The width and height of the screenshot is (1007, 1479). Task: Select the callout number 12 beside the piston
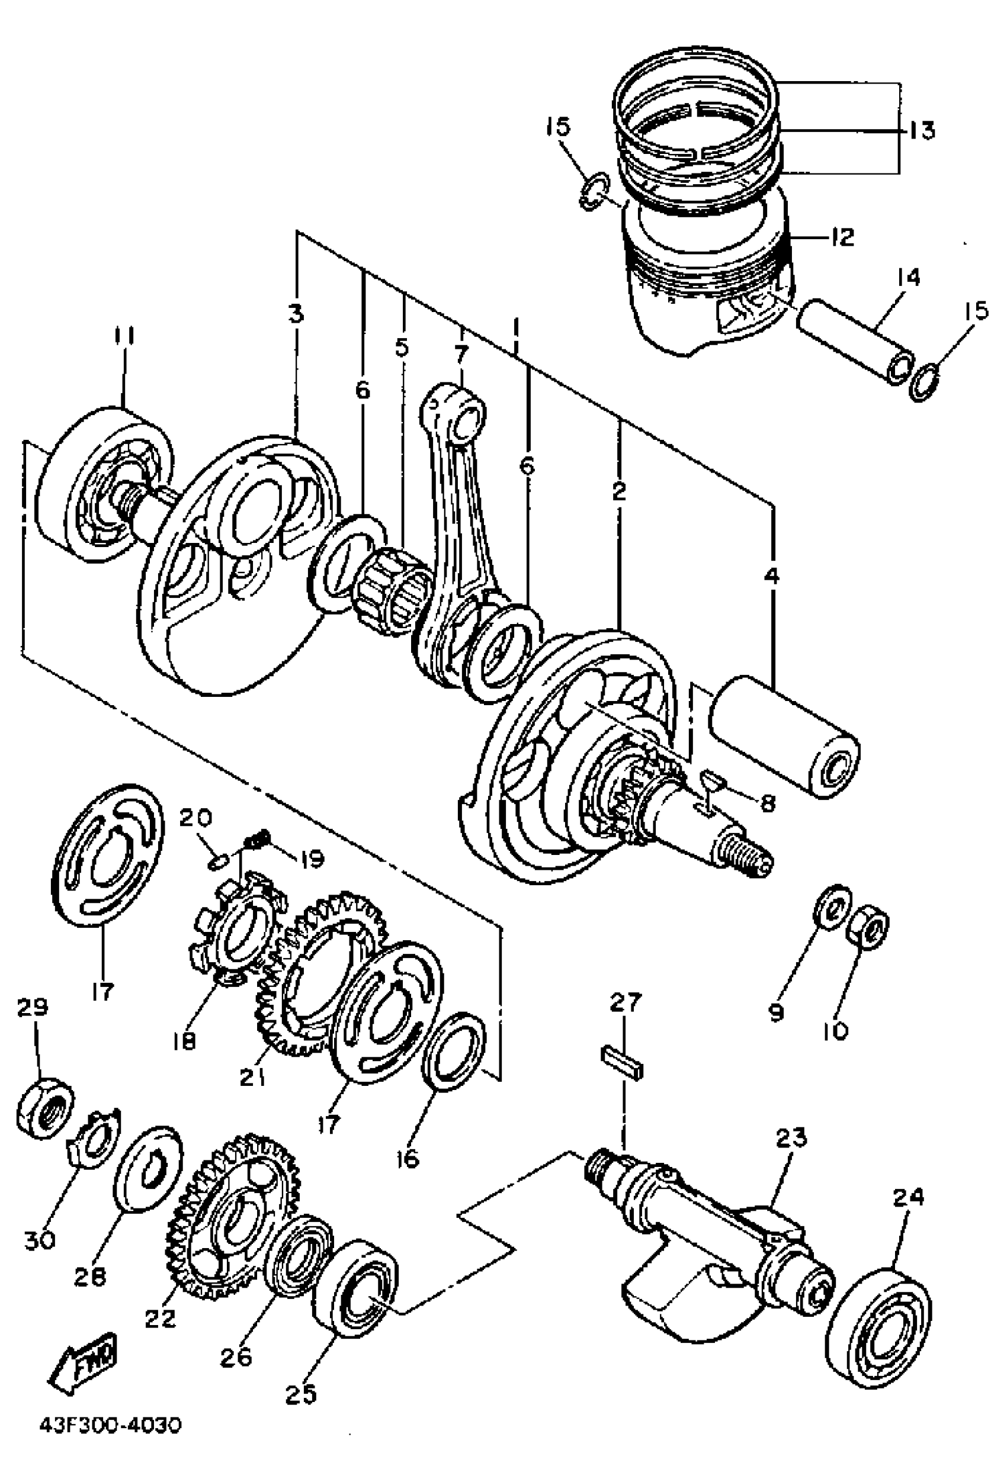tap(842, 237)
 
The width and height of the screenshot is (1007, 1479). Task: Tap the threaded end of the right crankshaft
tap(749, 860)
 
